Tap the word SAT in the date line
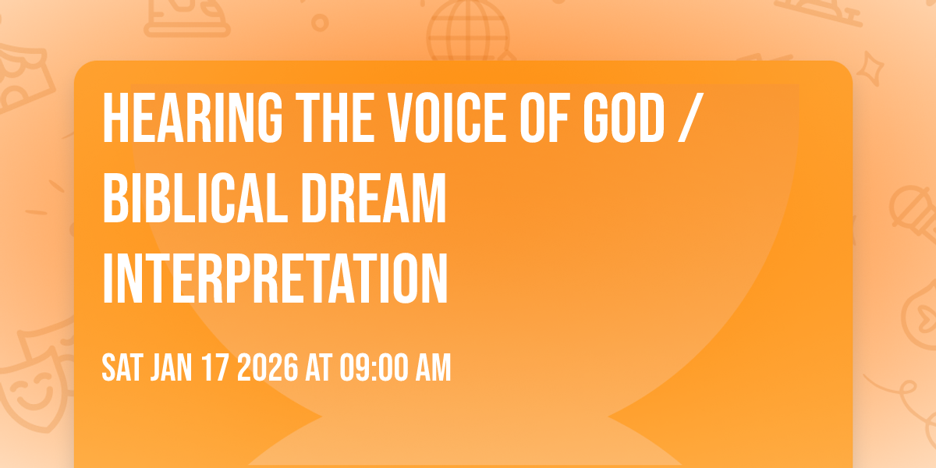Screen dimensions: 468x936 121,368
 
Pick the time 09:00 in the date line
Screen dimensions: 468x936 371,368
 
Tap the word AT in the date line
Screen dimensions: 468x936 318,368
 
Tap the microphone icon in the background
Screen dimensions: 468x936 909,207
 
